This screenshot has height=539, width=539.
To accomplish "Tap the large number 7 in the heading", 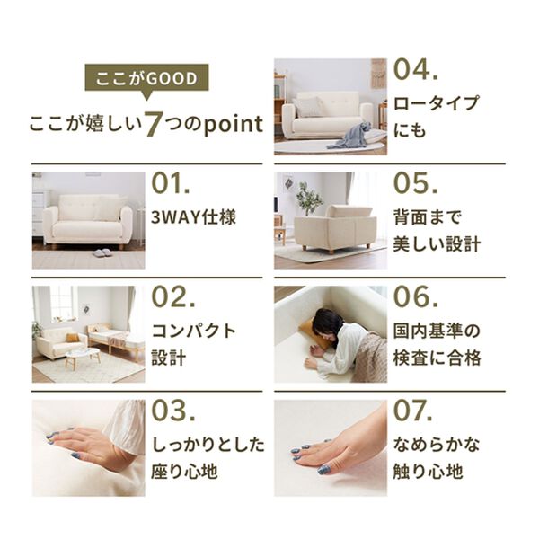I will pos(154,124).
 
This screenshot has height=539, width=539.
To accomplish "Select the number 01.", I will pos(171,183).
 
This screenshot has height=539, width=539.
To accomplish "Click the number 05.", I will pos(416,183).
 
